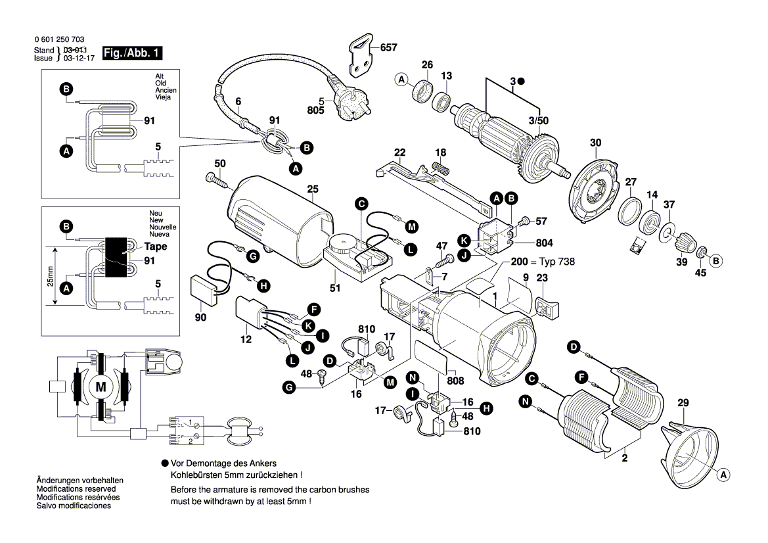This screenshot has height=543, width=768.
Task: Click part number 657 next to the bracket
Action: (x=389, y=48)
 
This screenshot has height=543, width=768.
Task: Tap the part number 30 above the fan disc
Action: (x=595, y=143)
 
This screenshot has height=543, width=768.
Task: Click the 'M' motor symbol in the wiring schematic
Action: (x=101, y=387)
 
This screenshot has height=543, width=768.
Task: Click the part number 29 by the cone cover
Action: (x=683, y=402)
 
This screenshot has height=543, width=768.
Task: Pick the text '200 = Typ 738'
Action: (x=542, y=262)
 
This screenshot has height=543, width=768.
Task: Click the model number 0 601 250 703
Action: (x=58, y=40)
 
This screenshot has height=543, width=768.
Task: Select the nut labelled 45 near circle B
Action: (x=701, y=252)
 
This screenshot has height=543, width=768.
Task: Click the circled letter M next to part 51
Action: (x=411, y=227)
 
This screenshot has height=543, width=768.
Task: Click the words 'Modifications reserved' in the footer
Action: (x=76, y=490)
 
